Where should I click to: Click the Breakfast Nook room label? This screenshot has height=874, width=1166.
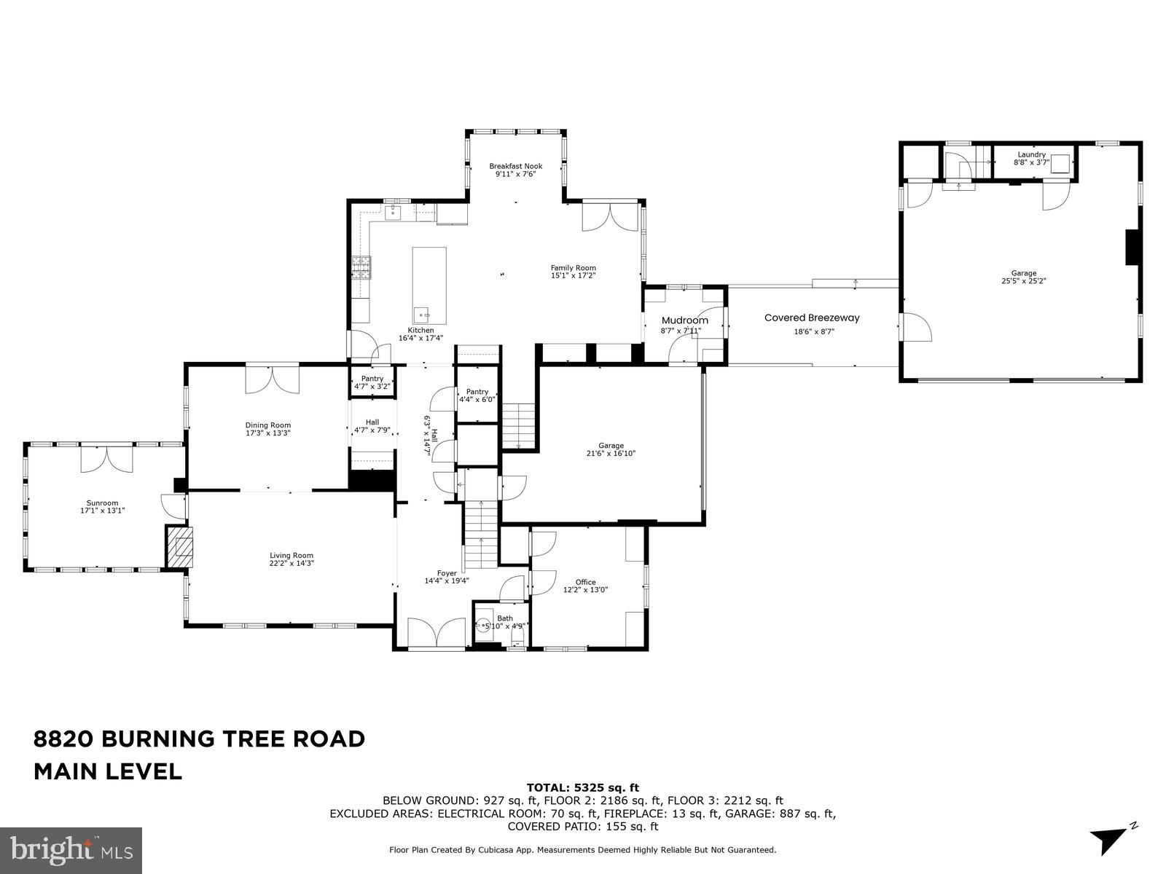(x=515, y=166)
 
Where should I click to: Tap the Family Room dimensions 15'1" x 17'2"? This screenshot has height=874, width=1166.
(x=573, y=276)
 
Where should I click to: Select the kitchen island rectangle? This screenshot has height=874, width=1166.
(x=429, y=285)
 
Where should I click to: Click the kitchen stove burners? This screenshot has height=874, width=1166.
(x=361, y=268)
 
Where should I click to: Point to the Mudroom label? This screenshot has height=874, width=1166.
(x=684, y=320)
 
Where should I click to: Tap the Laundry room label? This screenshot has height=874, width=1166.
(x=1031, y=154)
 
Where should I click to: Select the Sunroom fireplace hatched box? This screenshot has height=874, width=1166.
(x=180, y=548)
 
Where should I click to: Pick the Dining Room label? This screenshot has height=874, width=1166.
(x=267, y=425)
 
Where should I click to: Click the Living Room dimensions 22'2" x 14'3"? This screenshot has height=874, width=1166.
(x=291, y=563)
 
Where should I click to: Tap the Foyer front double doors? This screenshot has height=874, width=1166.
(x=437, y=632)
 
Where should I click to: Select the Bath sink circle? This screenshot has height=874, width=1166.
(x=483, y=624)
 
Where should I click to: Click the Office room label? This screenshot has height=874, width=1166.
(x=585, y=582)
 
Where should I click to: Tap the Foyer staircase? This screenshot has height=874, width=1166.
(x=481, y=535)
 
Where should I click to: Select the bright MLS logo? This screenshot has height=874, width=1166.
(x=71, y=849)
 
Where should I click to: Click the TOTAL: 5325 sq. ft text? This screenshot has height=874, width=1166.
(x=582, y=787)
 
